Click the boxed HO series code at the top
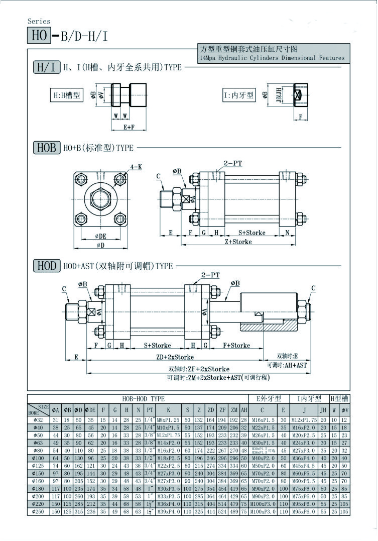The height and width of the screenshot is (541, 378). (x=39, y=36)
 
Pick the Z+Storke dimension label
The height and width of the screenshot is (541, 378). (x=238, y=242)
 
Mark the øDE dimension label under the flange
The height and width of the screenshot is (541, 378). (x=100, y=236)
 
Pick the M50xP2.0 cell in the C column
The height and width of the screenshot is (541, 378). (x=262, y=466)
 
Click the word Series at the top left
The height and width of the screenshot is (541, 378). (x=39, y=21)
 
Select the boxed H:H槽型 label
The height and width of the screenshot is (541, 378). (x=67, y=94)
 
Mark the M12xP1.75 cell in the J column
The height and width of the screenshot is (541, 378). (x=305, y=420)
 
